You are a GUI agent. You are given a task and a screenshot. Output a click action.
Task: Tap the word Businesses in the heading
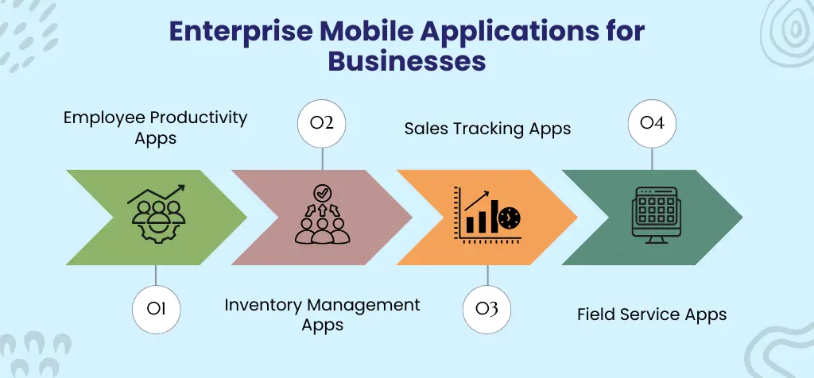406,60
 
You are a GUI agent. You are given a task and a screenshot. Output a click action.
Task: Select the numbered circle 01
156,307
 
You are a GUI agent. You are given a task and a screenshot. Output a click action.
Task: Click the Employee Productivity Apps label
156,127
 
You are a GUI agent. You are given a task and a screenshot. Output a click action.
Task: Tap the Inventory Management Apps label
322,314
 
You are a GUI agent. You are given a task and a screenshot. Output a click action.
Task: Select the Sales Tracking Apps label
487,128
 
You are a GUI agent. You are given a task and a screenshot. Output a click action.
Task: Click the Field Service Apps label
652,314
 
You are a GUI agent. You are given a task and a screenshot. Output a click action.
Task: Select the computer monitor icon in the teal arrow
652,213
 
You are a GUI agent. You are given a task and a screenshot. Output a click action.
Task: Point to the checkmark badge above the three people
322,193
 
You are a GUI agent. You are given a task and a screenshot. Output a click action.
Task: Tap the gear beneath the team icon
157,229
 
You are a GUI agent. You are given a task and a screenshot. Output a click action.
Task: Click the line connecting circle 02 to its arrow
321,157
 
